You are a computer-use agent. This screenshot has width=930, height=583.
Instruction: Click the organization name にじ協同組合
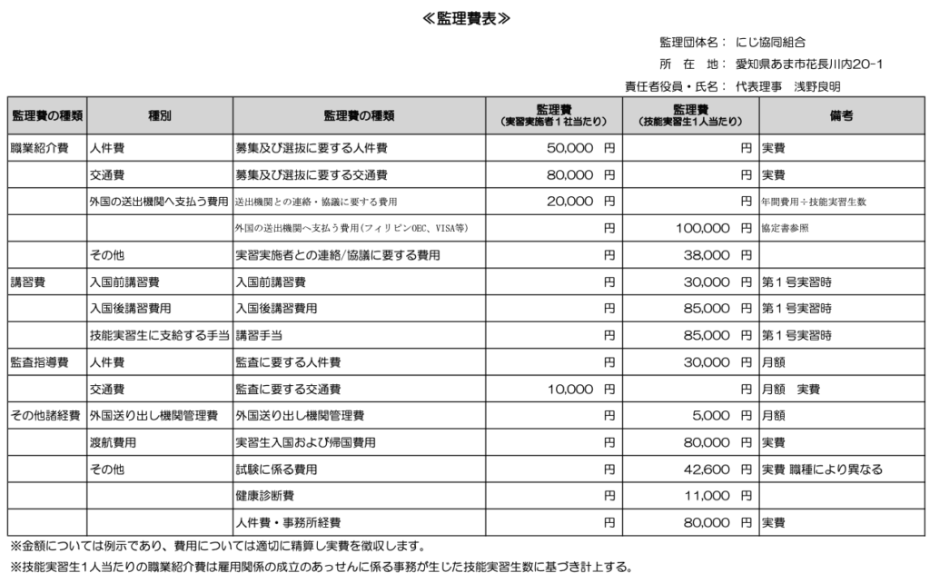coord(770,42)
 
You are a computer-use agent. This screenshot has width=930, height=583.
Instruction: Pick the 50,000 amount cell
coord(570,147)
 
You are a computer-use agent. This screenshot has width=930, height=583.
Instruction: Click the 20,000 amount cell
coord(570,202)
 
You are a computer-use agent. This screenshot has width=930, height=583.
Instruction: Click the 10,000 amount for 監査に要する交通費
coord(570,390)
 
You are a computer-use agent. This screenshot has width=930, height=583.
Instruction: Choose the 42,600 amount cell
coord(707,469)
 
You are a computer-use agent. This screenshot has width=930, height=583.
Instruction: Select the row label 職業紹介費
coord(39,148)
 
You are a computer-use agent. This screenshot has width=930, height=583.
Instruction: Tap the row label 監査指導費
coord(39,363)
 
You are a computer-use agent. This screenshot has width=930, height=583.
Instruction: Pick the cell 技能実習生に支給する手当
coord(159,336)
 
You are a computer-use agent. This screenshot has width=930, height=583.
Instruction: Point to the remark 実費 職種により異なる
coord(822,469)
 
